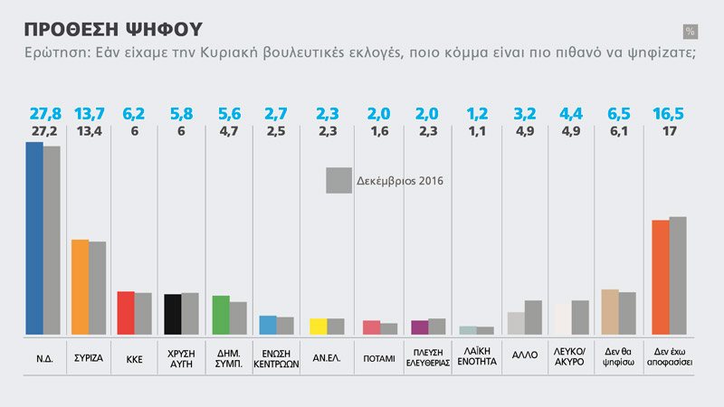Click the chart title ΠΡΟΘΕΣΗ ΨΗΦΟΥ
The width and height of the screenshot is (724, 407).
112,27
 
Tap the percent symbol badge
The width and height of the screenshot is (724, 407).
691,32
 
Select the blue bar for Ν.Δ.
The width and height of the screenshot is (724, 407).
33,238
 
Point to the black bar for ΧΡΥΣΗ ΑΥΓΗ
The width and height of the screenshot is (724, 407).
172,314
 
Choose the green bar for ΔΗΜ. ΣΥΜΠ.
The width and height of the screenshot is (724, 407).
220,315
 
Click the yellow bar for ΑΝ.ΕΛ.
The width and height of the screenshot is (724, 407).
318,327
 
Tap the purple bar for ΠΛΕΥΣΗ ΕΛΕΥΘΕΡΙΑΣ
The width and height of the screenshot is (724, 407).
419,327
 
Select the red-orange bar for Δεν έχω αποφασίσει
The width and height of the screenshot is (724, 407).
661,277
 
